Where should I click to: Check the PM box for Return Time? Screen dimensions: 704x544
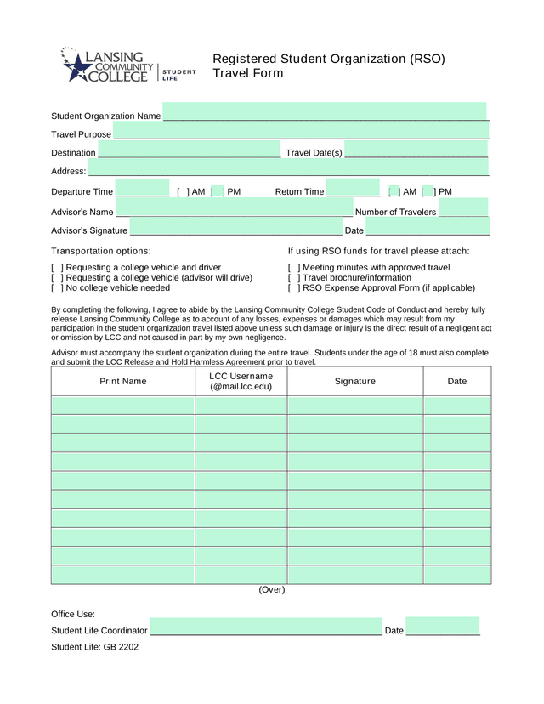428,192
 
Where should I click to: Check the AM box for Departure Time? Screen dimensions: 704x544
183,192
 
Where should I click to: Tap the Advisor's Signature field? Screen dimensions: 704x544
235,229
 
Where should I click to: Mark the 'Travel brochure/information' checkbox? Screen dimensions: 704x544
294,278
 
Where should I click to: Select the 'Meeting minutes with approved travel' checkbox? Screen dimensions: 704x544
294,268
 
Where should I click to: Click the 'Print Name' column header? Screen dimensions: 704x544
123,382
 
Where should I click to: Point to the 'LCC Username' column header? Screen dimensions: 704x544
241,382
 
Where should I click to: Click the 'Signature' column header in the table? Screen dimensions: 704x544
354,382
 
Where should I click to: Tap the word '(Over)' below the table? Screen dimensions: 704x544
272,590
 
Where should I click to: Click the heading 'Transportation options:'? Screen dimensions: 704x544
101,252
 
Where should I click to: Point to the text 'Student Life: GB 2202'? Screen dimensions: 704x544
94,647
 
